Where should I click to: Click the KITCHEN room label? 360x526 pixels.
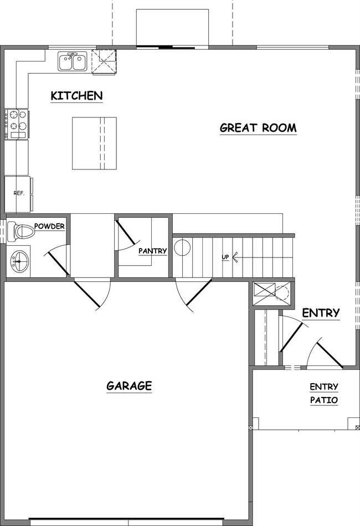(x=76, y=95)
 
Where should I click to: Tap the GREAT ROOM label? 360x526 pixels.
(x=258, y=127)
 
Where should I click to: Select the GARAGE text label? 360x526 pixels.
(x=128, y=385)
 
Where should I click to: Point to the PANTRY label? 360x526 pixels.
(x=153, y=251)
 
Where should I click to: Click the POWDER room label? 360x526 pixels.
(x=50, y=226)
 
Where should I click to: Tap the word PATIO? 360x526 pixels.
(x=324, y=400)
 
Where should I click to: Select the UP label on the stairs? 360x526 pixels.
(x=225, y=257)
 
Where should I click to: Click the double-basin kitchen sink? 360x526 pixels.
(x=72, y=61)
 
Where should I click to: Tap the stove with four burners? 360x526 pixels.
(x=17, y=124)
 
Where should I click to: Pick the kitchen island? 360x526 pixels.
(x=94, y=144)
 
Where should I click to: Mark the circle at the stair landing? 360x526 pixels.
(x=182, y=247)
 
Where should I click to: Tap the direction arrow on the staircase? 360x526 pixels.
(x=235, y=257)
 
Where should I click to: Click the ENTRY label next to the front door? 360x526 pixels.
(x=321, y=313)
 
